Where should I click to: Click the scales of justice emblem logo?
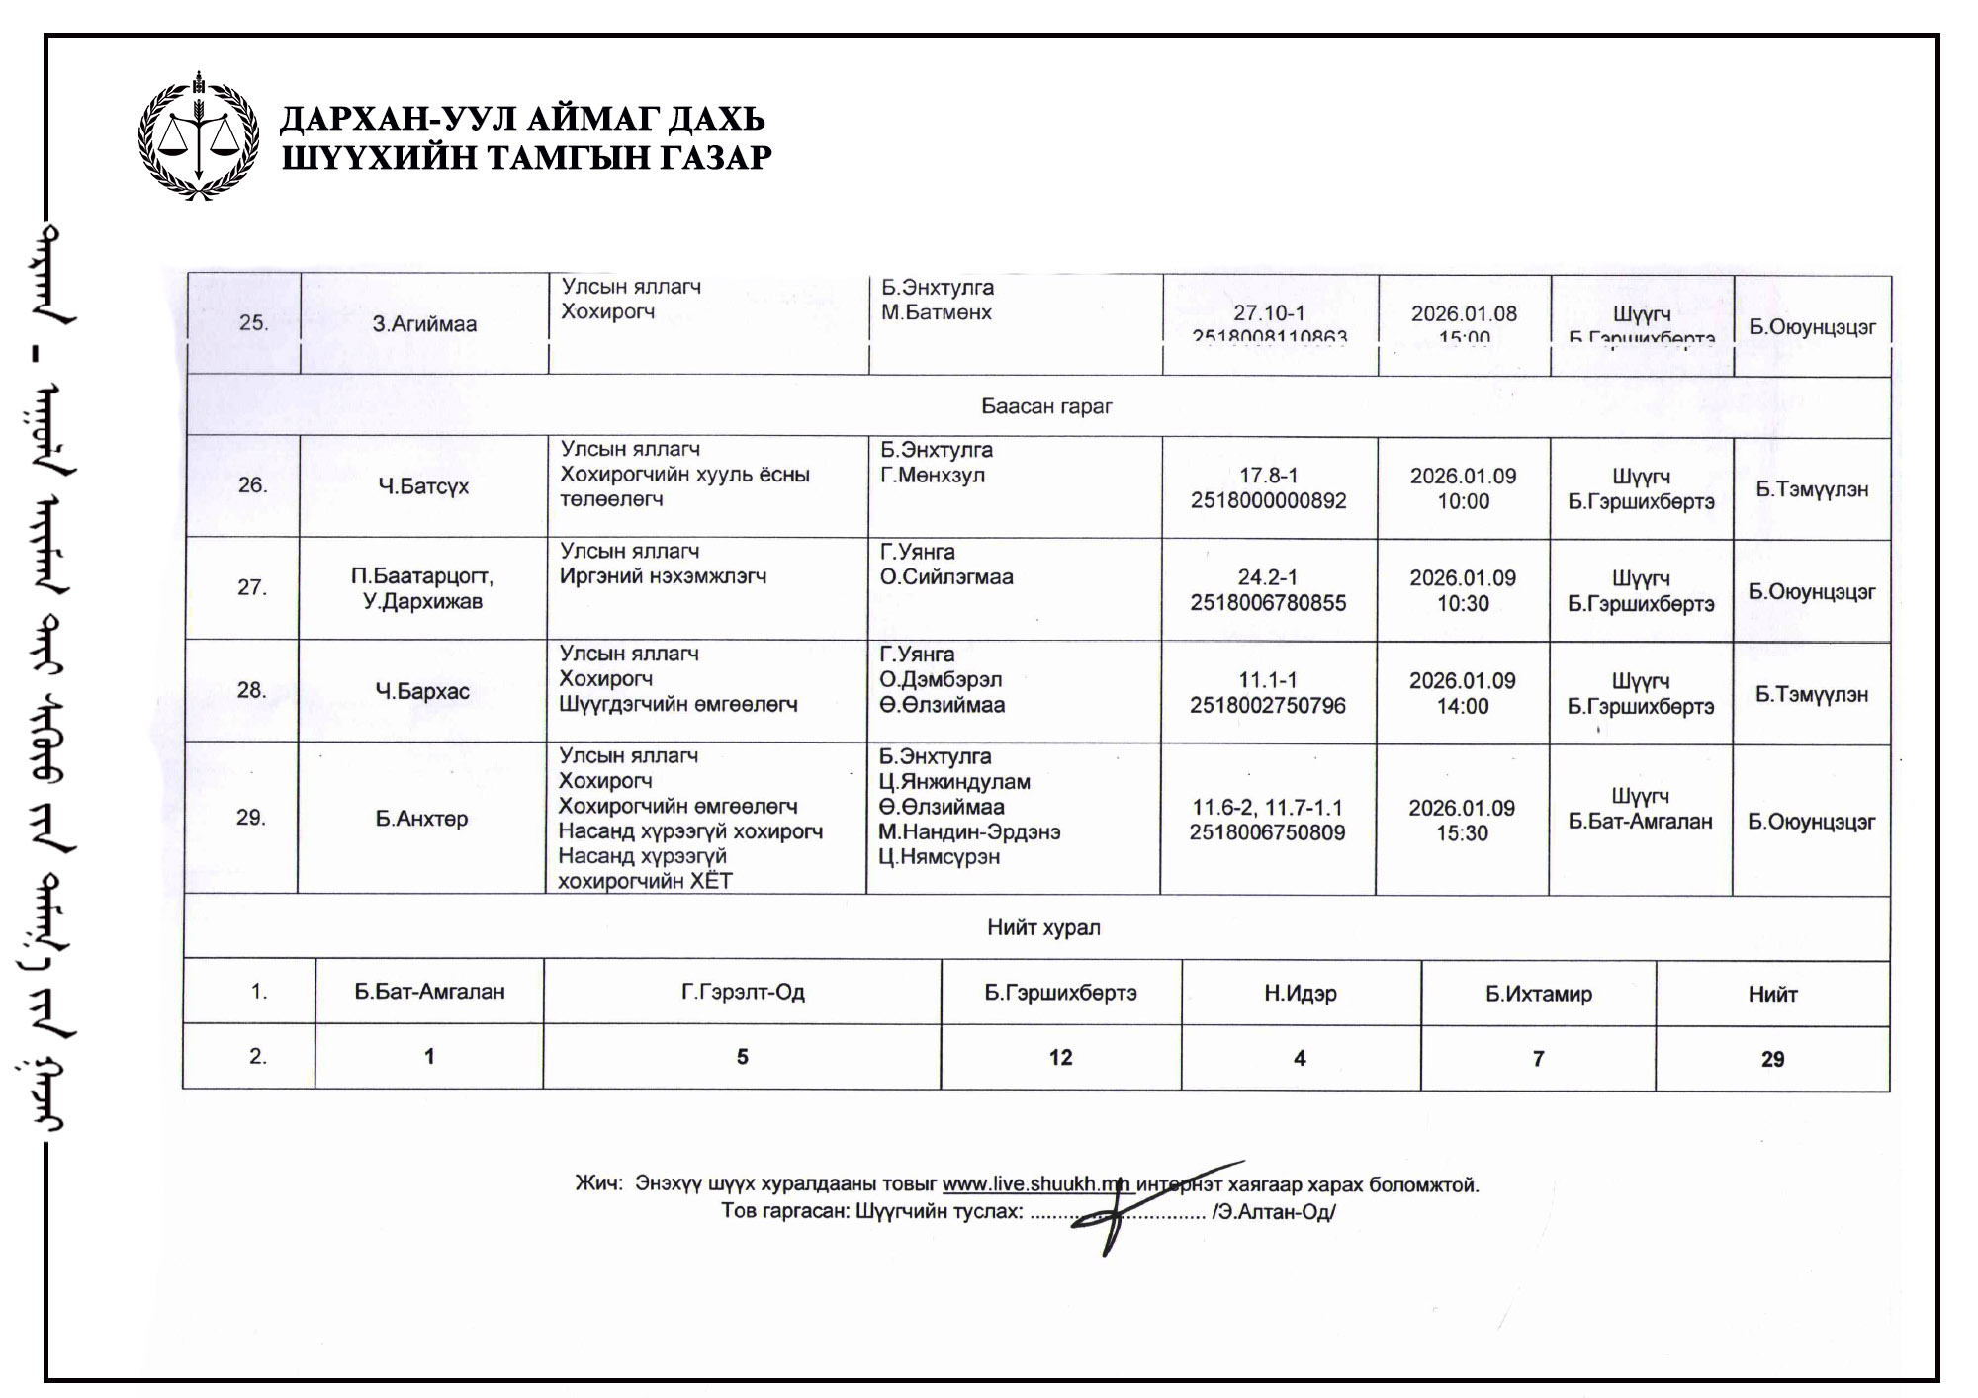[x=199, y=137]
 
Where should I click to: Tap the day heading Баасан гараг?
[x=1046, y=406]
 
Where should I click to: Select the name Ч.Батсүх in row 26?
[x=423, y=486]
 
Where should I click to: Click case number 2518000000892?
[x=1268, y=501]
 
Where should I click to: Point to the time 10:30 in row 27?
[x=1463, y=603]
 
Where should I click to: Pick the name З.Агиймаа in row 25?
[x=424, y=324]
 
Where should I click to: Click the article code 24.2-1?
[x=1267, y=577]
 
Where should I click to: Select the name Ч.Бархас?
[x=422, y=691]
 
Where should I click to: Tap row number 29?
[x=250, y=818]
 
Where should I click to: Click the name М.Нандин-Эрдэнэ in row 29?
[x=969, y=832]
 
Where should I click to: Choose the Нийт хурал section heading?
[x=1043, y=927]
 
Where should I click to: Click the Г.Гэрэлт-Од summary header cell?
[x=742, y=992]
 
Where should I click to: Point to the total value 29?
[x=1772, y=1059]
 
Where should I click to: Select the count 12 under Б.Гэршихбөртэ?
[x=1060, y=1058]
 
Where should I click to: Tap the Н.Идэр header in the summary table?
[x=1300, y=994]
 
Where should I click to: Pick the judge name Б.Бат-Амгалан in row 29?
[x=1640, y=821]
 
